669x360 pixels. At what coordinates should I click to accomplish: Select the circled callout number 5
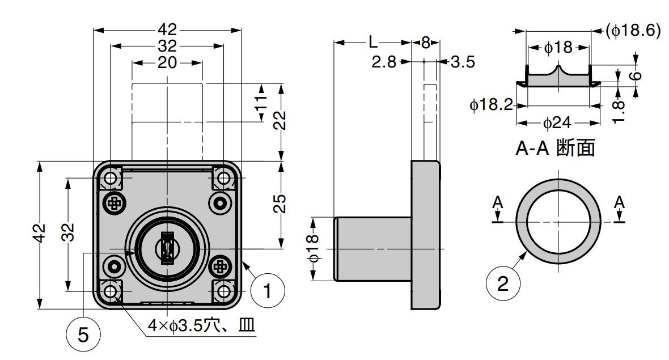tap(83, 336)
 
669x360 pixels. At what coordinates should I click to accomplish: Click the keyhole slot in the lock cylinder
tap(167, 248)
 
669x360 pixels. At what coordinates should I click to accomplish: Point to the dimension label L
tap(372, 43)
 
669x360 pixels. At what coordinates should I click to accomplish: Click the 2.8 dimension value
tap(384, 62)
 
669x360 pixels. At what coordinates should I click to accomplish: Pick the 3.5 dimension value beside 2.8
tap(463, 62)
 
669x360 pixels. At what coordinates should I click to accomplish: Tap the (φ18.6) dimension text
tap(633, 31)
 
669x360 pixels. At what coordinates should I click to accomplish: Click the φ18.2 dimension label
tap(491, 104)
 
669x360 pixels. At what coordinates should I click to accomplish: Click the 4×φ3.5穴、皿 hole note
tap(201, 326)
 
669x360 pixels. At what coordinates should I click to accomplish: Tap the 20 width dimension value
tap(167, 62)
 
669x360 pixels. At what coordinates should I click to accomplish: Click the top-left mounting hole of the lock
tap(111, 180)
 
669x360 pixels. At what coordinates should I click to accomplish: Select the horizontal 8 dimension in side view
tap(425, 43)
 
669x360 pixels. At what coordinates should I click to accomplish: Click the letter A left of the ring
tap(498, 202)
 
